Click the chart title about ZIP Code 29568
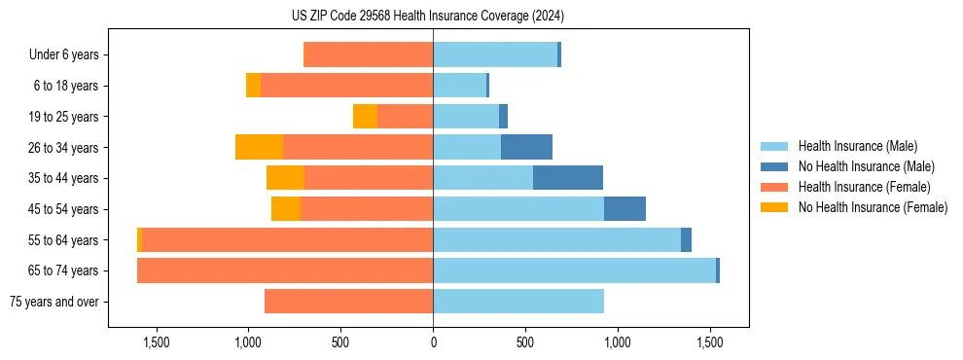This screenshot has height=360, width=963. [x=427, y=16]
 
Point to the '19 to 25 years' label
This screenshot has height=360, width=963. [x=64, y=117]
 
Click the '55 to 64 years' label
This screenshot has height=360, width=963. [x=64, y=240]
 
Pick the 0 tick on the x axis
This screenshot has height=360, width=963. [x=433, y=342]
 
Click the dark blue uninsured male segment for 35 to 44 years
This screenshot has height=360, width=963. [x=568, y=178]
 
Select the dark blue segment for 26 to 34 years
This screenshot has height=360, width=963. [x=526, y=147]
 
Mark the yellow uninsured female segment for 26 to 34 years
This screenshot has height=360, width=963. [x=259, y=147]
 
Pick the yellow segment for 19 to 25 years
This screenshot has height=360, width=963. [x=365, y=117]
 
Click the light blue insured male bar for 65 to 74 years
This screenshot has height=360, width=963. [x=574, y=270]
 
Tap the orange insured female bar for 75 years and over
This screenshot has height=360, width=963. [x=348, y=302]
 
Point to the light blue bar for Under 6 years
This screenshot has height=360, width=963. [x=495, y=54]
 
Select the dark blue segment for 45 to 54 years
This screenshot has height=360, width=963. [x=624, y=209]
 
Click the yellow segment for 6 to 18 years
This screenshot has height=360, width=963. [x=253, y=86]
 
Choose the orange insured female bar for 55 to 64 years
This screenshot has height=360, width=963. [x=287, y=240]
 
